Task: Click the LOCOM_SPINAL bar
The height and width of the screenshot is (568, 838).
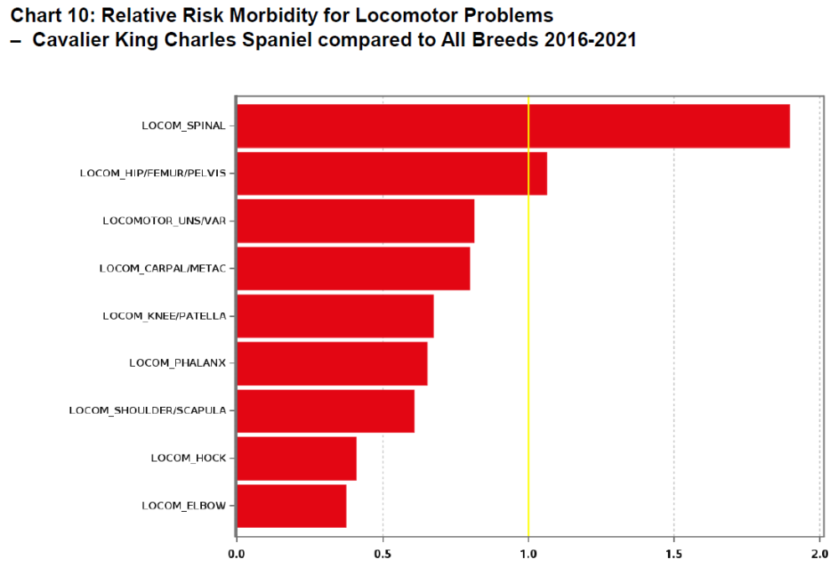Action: (x=513, y=126)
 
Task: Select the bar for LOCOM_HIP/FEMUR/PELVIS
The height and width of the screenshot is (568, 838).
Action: (x=391, y=174)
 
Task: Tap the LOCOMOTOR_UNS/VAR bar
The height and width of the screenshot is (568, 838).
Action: (x=355, y=221)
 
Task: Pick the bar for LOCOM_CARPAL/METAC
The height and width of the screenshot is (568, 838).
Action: (x=353, y=268)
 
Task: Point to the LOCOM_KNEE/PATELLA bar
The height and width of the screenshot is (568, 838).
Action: (x=335, y=316)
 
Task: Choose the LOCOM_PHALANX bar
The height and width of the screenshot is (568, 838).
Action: (x=332, y=363)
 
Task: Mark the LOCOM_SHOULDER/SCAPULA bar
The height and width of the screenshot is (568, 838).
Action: (x=325, y=410)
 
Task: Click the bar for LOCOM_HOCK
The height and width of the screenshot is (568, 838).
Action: (x=297, y=458)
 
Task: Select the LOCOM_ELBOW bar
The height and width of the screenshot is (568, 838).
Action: (x=292, y=506)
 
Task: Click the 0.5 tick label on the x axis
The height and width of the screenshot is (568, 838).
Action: (x=383, y=553)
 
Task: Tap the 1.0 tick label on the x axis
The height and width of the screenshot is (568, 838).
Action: (x=528, y=553)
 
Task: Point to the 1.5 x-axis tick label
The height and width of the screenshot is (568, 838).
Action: (x=674, y=553)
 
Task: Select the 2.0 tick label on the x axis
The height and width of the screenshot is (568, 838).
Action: (x=819, y=553)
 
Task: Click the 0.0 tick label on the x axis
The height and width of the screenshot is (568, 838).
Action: (x=237, y=553)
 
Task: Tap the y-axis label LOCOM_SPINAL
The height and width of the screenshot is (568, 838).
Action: (x=184, y=126)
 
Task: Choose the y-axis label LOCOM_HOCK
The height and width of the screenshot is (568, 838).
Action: (x=189, y=458)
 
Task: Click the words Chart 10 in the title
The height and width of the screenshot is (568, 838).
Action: (x=50, y=16)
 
